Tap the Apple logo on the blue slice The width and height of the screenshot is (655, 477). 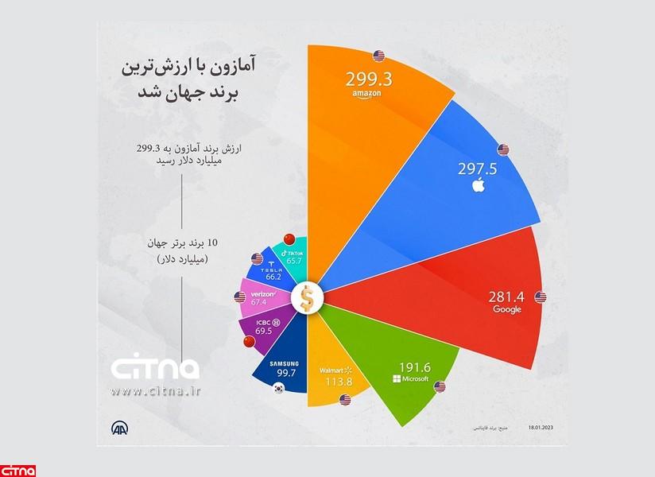[x=478, y=186]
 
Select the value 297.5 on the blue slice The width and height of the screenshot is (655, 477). [x=478, y=169]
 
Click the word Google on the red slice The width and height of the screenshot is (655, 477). [x=506, y=309]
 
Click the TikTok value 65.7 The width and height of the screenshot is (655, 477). [x=295, y=261]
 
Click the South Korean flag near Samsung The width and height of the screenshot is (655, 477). [x=278, y=389]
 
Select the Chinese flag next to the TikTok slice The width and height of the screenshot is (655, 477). [x=289, y=239]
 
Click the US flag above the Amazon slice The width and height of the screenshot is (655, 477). [x=378, y=56]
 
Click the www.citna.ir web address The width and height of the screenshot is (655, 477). [x=154, y=390]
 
